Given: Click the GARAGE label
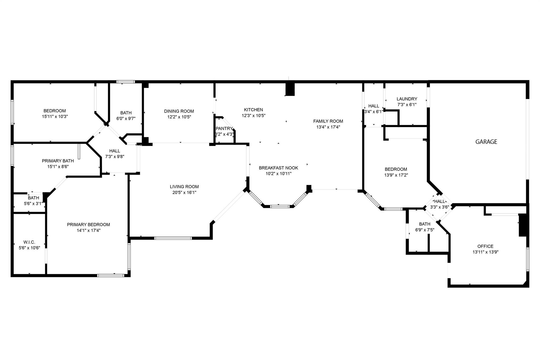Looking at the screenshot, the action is click(x=486, y=142).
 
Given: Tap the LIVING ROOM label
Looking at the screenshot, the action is click(x=184, y=187).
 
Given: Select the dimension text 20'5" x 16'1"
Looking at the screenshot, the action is click(x=184, y=193).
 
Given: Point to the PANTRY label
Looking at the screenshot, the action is click(x=224, y=129).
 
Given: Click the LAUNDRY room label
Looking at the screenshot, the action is click(x=407, y=99).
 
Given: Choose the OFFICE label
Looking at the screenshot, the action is click(x=485, y=246).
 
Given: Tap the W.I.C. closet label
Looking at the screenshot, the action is click(x=29, y=242).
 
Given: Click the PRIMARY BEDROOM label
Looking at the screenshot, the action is click(x=88, y=225).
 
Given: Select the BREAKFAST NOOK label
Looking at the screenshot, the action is click(x=278, y=168).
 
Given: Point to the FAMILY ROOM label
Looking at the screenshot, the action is click(x=328, y=121).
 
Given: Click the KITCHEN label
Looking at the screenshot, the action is click(x=253, y=110).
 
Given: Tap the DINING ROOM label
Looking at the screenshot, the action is click(x=179, y=111).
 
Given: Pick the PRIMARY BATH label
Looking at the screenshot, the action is click(x=58, y=161).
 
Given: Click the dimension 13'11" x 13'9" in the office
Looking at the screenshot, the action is click(x=485, y=252).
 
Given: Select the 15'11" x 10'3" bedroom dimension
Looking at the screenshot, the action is click(x=55, y=117).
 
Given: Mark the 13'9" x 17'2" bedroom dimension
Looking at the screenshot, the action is click(x=396, y=175).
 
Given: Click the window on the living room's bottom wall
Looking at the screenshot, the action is click(x=173, y=238).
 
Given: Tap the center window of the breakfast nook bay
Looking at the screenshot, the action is click(x=280, y=207).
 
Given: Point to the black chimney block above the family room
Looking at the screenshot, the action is click(x=290, y=89).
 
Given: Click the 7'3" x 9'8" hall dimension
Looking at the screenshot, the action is click(x=115, y=157).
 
